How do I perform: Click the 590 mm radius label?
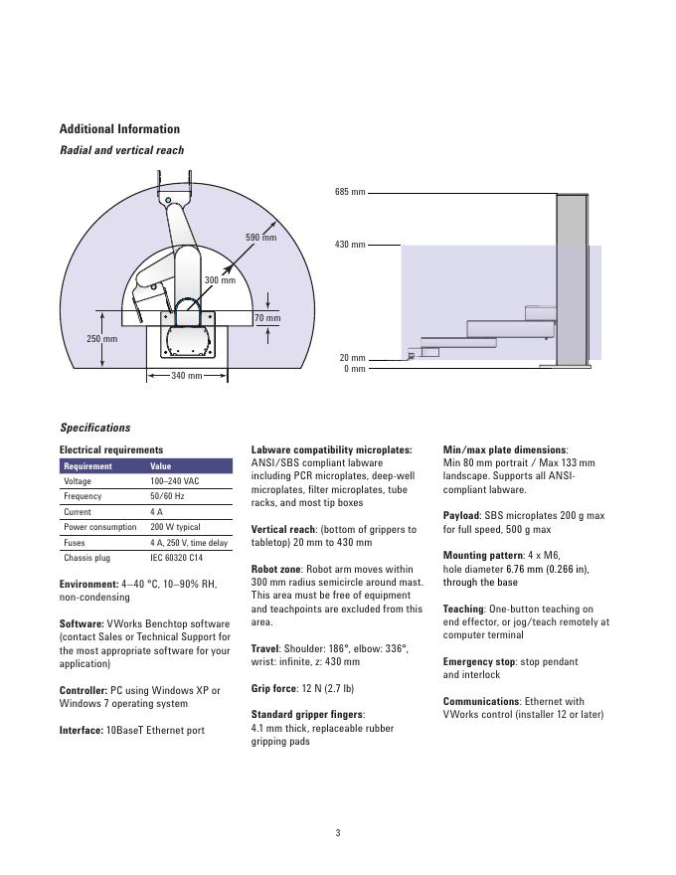(260, 238)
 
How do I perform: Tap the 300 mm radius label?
(220, 280)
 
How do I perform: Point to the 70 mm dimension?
(266, 318)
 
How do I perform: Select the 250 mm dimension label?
(101, 339)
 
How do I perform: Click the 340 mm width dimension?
(187, 376)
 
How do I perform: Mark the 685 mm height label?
(349, 192)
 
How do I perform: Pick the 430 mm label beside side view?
(349, 245)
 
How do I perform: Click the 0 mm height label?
(354, 369)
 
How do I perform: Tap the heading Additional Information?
(119, 129)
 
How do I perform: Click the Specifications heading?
(94, 428)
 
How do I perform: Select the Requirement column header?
(87, 465)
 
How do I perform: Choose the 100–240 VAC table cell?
(175, 481)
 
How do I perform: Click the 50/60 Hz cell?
(166, 496)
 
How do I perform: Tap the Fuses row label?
(75, 543)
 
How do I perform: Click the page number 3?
(338, 833)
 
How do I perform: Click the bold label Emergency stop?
(478, 661)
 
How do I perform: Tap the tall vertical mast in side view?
(572, 278)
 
